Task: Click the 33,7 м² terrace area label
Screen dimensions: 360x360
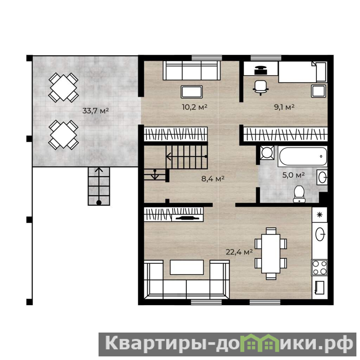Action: (x=95, y=111)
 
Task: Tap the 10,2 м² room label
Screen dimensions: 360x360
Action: (x=195, y=107)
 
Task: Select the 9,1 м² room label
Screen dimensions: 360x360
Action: (x=284, y=107)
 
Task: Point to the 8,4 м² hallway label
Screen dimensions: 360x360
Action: (x=213, y=179)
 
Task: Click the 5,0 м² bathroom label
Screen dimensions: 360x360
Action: (x=293, y=175)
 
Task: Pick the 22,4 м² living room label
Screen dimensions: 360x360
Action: (x=239, y=252)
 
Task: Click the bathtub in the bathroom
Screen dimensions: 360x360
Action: (x=303, y=156)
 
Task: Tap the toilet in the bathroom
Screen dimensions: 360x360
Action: (x=299, y=194)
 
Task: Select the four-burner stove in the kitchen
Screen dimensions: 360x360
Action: (x=319, y=267)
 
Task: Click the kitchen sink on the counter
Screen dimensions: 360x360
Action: (x=320, y=234)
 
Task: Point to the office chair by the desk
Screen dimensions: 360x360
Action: (x=261, y=88)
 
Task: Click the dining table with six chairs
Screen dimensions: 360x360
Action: (x=271, y=253)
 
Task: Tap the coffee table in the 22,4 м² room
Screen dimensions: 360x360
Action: (x=187, y=267)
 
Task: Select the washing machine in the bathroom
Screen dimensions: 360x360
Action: (x=267, y=153)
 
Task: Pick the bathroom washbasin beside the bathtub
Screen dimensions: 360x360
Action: (x=322, y=177)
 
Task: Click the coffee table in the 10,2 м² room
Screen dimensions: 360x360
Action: (x=192, y=92)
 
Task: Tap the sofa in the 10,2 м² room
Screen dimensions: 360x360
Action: (x=192, y=71)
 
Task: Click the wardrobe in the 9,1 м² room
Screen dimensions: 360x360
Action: (x=285, y=134)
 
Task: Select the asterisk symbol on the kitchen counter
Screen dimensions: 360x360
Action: (x=319, y=215)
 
